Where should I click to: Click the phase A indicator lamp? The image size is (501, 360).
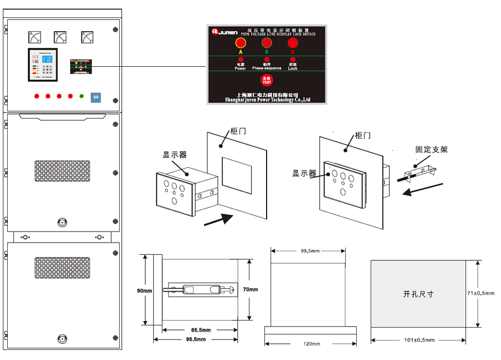pyautogui.click(x=241, y=43)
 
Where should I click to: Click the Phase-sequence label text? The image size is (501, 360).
pyautogui.click(x=267, y=68)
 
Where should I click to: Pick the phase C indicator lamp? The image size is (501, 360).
pyautogui.click(x=293, y=43)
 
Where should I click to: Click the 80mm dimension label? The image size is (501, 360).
pyautogui.click(x=144, y=291)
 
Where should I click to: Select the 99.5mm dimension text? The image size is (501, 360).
pyautogui.click(x=310, y=251)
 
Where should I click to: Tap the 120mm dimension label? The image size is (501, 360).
pyautogui.click(x=310, y=344)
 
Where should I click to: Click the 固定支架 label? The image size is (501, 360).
pyautogui.click(x=431, y=150)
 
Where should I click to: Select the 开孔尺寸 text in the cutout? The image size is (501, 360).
pyautogui.click(x=418, y=294)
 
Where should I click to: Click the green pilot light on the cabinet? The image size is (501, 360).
pyautogui.click(x=81, y=96)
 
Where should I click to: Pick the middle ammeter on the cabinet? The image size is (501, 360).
pyautogui.click(x=60, y=37)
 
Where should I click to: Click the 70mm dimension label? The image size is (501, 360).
pyautogui.click(x=250, y=289)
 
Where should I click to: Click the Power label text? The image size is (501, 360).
pyautogui.click(x=240, y=68)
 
